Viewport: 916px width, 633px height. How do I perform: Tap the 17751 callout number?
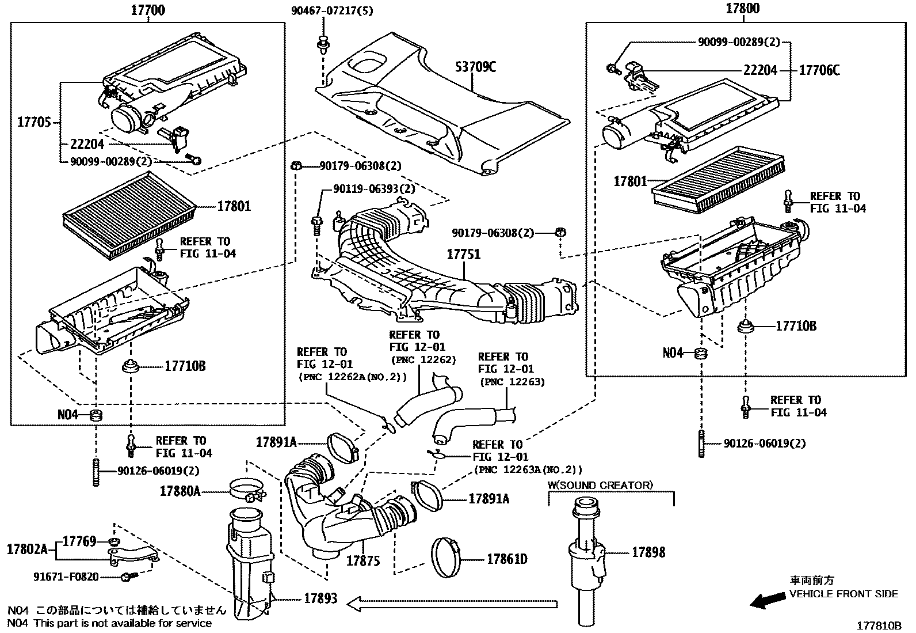tap(464, 255)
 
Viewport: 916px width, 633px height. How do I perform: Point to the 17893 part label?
tap(321, 599)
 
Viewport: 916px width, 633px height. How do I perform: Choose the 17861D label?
tap(507, 559)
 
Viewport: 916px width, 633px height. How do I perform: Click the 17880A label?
tap(180, 491)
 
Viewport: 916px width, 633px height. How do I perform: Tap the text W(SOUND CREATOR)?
tap(600, 485)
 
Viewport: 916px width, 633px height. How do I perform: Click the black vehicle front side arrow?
tap(768, 601)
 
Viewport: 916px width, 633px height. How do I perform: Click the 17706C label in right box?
tap(819, 70)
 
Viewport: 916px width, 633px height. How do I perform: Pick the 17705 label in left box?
tap(34, 122)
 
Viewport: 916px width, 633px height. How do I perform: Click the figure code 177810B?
tap(880, 626)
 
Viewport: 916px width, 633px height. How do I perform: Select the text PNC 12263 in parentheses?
tap(511, 381)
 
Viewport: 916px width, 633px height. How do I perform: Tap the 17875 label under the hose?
tap(362, 560)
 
